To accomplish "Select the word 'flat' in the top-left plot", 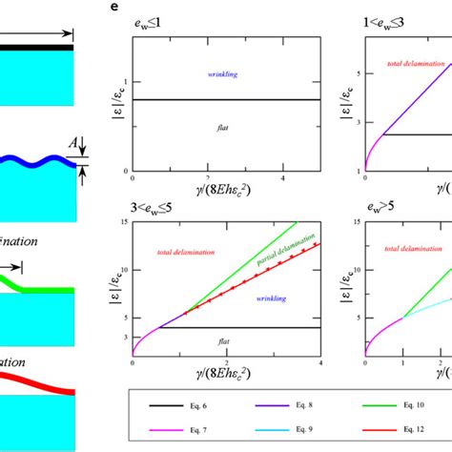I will (x=226, y=124).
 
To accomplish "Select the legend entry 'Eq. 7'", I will (x=195, y=434).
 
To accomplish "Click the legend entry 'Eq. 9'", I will (x=316, y=434).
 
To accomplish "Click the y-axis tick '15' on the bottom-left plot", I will (x=124, y=223).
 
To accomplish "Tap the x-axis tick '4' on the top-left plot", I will (x=282, y=179).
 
